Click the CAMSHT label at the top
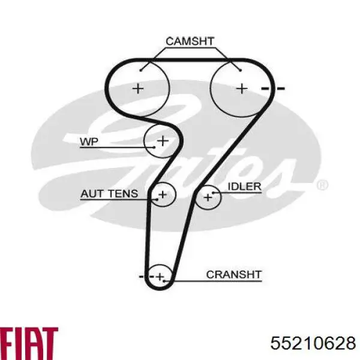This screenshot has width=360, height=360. click(x=190, y=41)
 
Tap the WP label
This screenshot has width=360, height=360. click(x=89, y=142)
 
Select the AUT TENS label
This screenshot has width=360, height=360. click(x=109, y=194)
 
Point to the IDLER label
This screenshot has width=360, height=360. click(x=244, y=187)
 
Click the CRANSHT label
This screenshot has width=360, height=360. click(x=234, y=274)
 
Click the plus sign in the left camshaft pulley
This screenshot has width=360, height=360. click(x=138, y=88)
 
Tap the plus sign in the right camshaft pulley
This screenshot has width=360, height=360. click(x=242, y=88)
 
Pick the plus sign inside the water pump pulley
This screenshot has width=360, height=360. click(x=163, y=140)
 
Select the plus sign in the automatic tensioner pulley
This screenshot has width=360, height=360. click(x=163, y=194)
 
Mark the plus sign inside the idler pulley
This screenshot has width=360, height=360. click(x=208, y=197)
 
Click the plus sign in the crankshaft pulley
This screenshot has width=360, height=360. click(x=160, y=277)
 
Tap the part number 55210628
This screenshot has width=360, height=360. click(x=313, y=343)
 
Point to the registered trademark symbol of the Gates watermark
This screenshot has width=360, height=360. click(x=322, y=185)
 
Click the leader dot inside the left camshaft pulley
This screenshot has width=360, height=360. click(x=141, y=70)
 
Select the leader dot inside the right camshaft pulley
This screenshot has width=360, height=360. click(x=241, y=70)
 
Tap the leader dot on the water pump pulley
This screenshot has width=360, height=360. click(x=154, y=147)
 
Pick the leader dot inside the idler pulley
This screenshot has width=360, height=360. click(x=213, y=193)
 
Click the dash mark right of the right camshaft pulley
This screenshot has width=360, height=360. click(x=281, y=88)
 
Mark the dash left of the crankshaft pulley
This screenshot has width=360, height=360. click(x=142, y=277)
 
